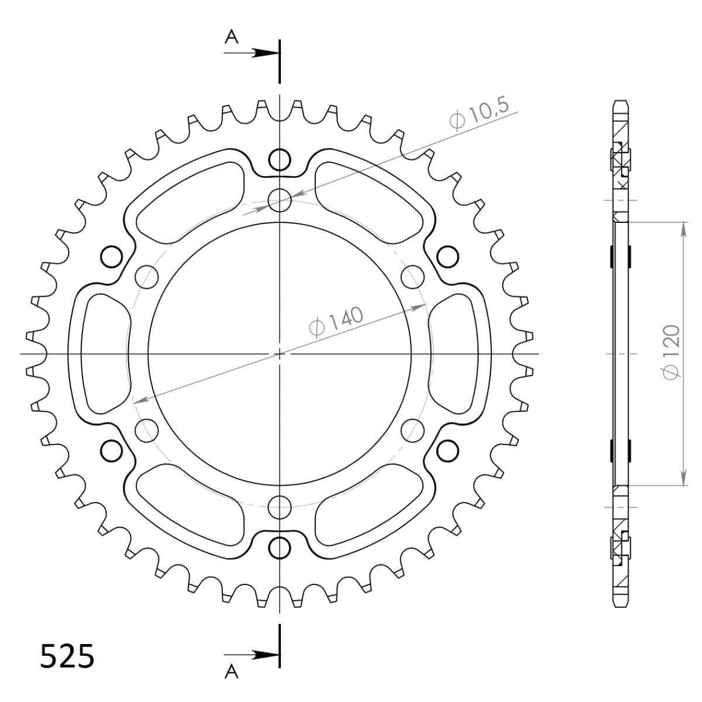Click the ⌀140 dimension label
point(336,322)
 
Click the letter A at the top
point(231,37)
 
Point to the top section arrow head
point(267,53)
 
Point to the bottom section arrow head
point(267,645)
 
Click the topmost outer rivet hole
point(280,160)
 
